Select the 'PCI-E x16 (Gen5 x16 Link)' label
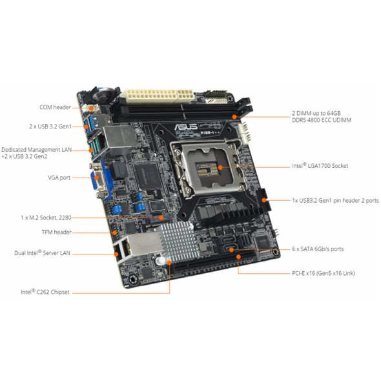[322, 273]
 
